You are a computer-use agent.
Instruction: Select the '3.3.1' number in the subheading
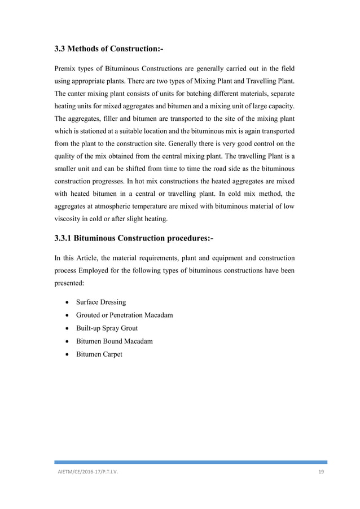click(65, 238)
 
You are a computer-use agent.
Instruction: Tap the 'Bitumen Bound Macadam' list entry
click(111, 341)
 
